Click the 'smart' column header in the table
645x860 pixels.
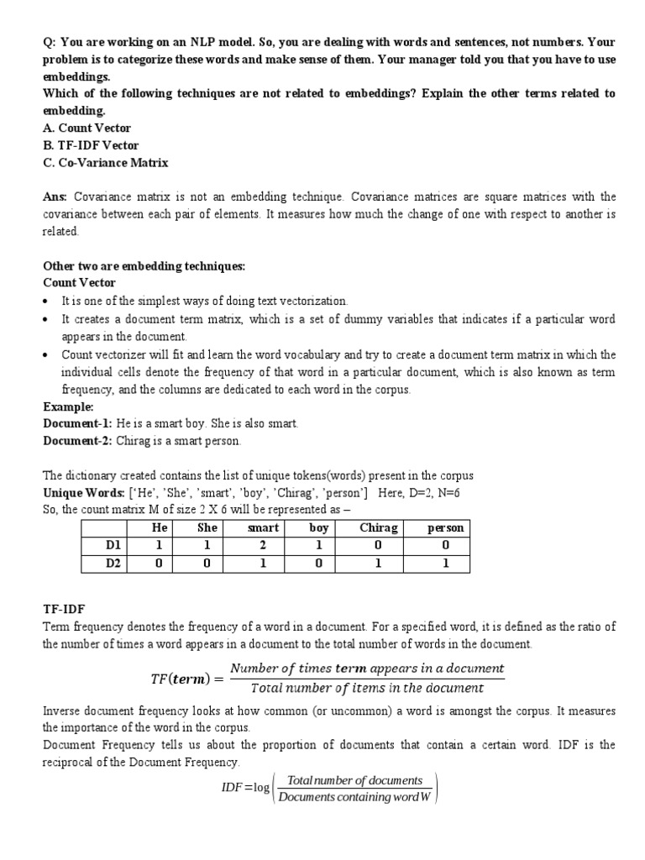pos(263,527)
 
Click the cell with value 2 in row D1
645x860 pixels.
pos(263,545)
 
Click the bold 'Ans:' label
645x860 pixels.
pos(55,197)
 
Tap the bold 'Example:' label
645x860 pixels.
pos(68,406)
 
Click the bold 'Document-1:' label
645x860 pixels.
pos(77,423)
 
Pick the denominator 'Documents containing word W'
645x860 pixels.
pos(354,797)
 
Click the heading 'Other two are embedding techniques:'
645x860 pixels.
pos(144,265)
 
